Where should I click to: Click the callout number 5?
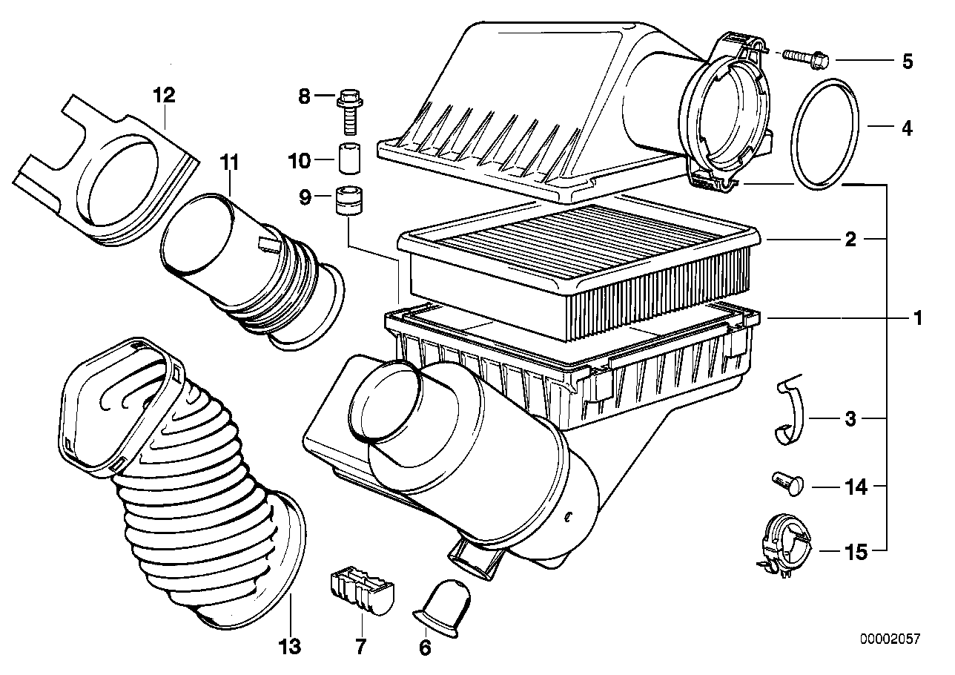(x=907, y=61)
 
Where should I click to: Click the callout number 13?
(x=290, y=647)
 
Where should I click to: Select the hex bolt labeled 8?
(x=348, y=108)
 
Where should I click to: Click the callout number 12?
(x=164, y=95)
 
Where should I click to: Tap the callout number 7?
(x=360, y=647)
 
